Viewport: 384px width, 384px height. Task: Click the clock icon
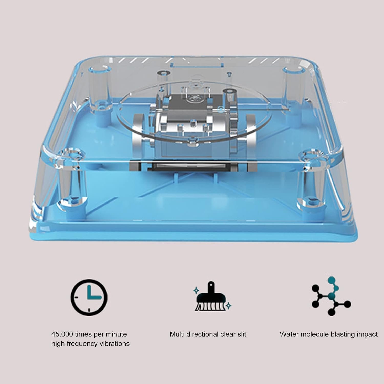(89, 297)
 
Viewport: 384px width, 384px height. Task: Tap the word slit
(241, 334)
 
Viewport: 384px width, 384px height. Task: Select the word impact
(368, 334)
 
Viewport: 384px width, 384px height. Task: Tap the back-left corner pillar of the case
(100, 87)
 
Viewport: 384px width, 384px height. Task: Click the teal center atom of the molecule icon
(332, 296)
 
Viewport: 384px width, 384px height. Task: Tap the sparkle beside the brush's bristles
(229, 305)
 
